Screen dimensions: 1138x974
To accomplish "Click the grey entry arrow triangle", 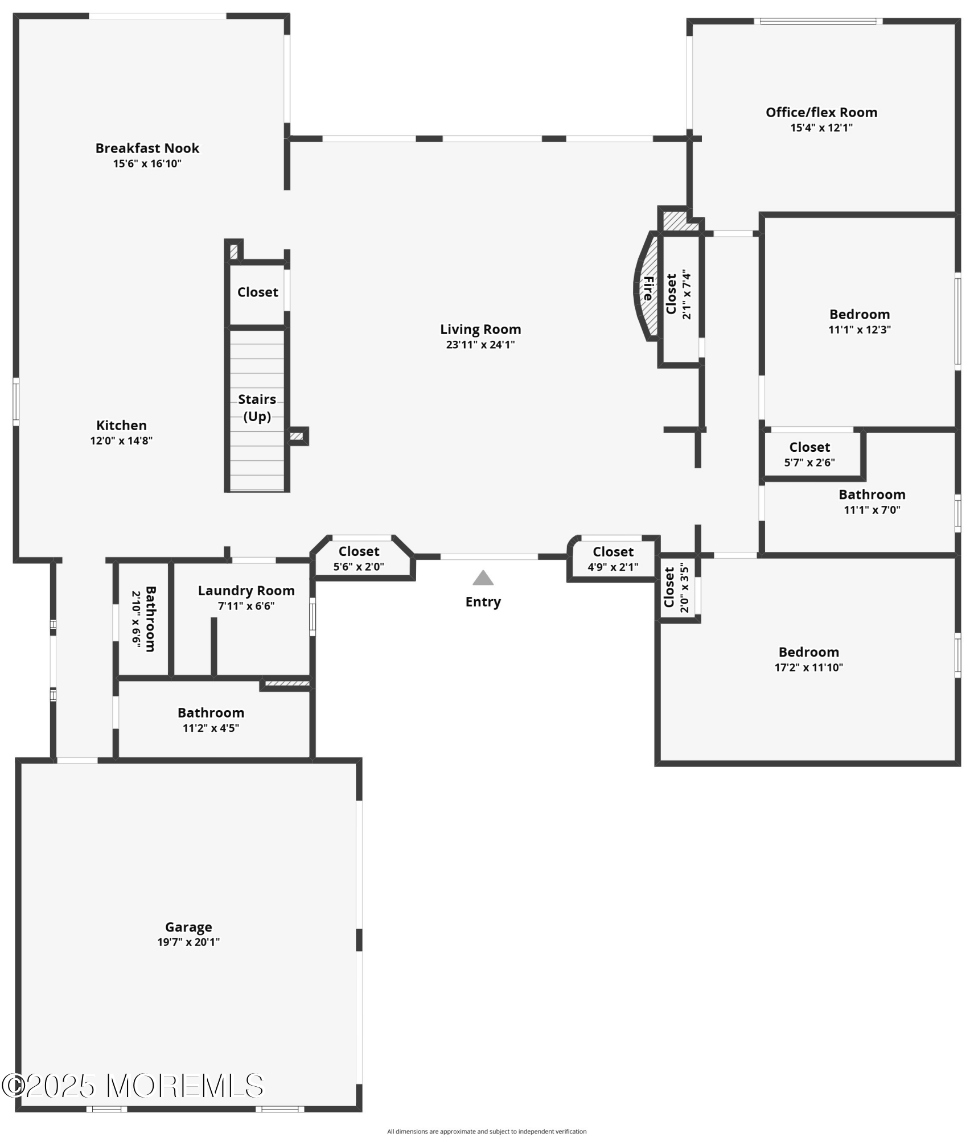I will (483, 578).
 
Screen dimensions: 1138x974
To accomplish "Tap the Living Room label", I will (480, 329).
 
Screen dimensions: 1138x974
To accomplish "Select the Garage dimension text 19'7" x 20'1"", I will (188, 942).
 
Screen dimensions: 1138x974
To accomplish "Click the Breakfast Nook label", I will (147, 149).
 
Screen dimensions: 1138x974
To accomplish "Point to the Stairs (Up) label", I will (257, 407).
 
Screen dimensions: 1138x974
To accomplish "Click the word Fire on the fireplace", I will (648, 288).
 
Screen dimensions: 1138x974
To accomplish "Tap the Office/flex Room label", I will (821, 113).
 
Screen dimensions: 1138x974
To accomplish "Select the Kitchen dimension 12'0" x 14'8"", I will (121, 440).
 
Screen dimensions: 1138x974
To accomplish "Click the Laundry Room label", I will (246, 591).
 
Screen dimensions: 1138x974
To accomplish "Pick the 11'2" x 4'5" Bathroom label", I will (211, 713).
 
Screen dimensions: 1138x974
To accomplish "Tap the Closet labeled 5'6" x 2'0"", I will (359, 552).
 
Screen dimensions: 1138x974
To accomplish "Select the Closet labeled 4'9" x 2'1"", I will (613, 552).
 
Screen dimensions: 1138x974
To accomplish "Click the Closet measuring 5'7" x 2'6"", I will (809, 447).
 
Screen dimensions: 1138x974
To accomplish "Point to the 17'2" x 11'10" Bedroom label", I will (808, 652).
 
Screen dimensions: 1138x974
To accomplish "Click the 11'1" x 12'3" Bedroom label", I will (859, 315).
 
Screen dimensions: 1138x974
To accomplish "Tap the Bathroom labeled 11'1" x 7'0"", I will (872, 495).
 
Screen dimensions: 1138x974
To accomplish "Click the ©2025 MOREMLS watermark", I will (133, 1086).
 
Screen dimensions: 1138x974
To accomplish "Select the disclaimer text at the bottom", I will (487, 1131).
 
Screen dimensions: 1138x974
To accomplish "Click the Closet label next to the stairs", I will (257, 292).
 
